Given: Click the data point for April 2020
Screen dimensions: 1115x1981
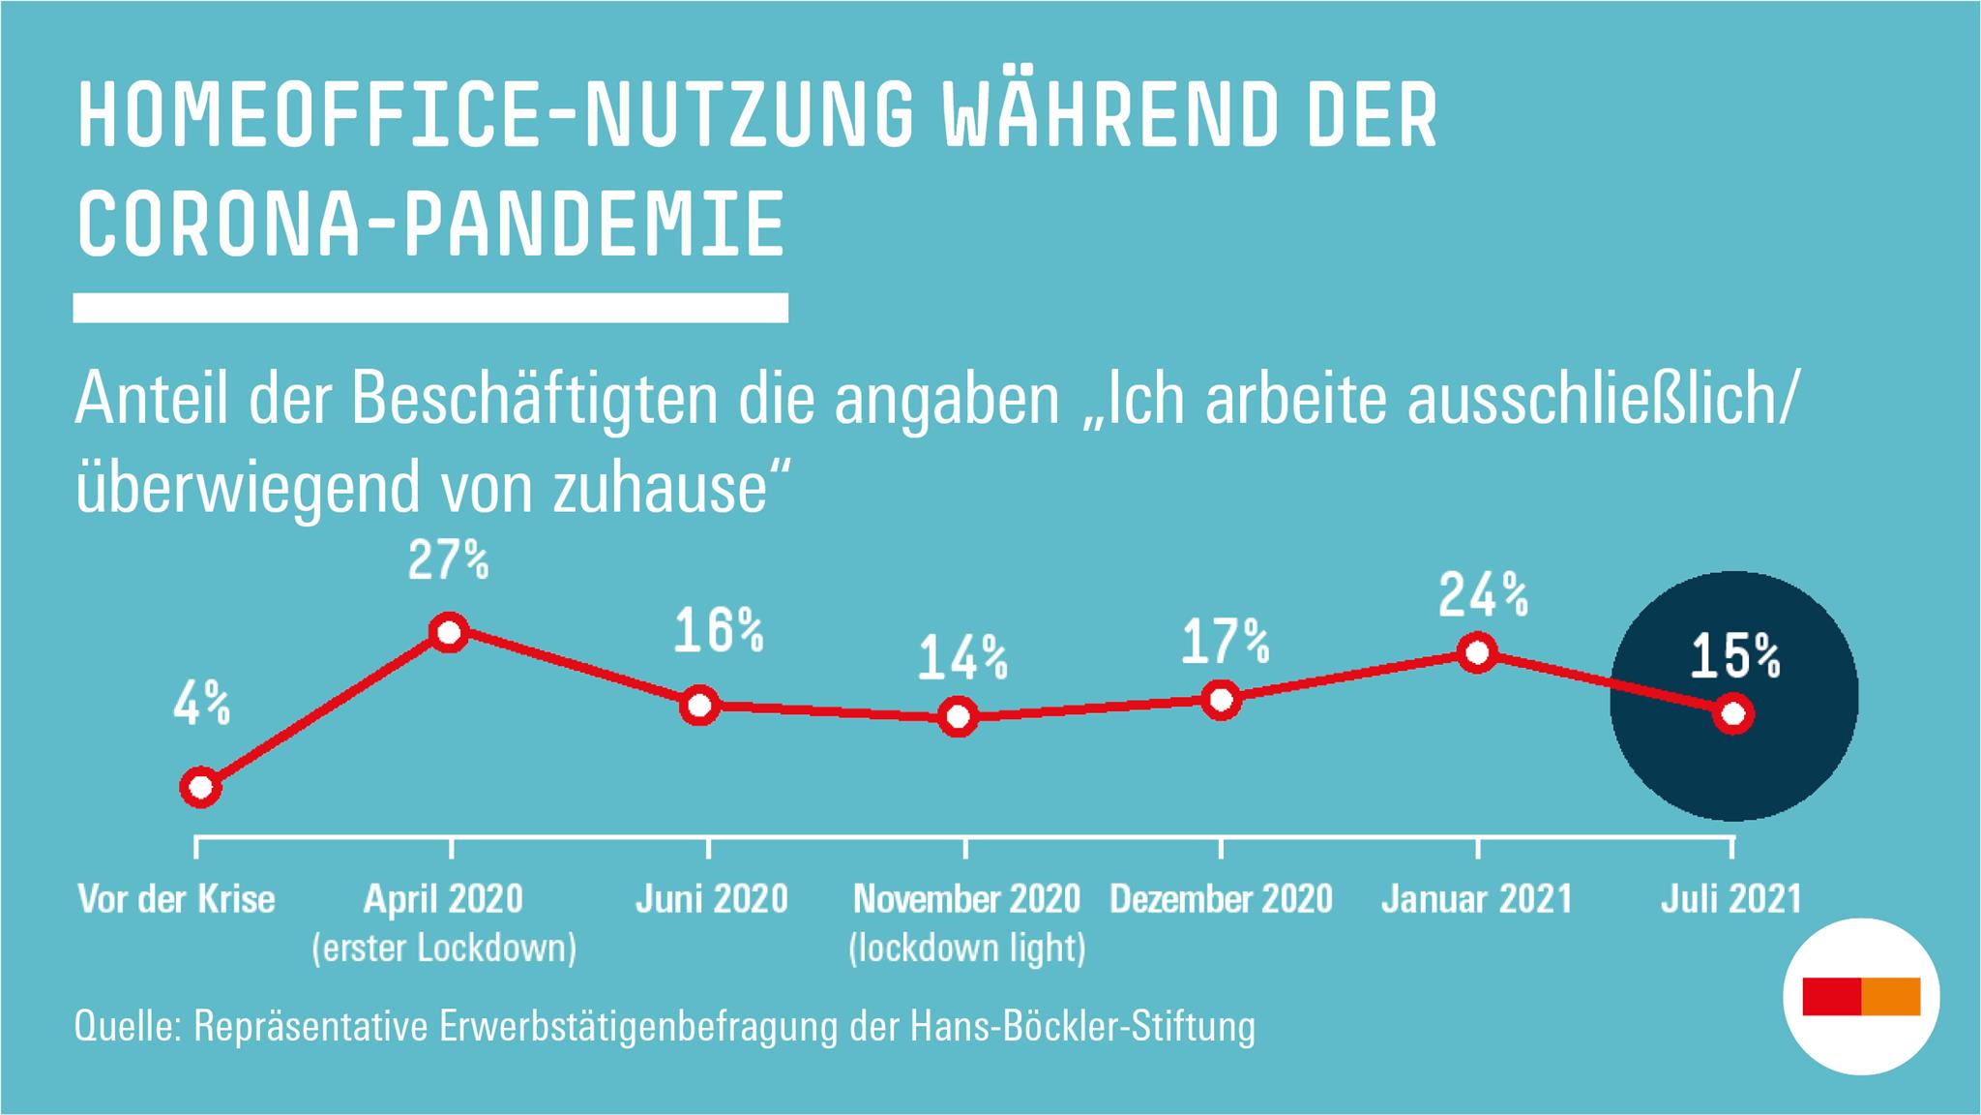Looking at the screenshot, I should pyautogui.click(x=449, y=633).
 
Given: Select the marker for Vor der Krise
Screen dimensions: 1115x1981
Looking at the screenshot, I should pyautogui.click(x=200, y=787).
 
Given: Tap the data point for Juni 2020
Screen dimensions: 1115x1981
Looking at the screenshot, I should pyautogui.click(x=699, y=706).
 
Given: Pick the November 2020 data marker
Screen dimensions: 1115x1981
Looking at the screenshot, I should pyautogui.click(x=958, y=717).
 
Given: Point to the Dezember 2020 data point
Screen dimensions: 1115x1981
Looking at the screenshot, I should pyautogui.click(x=1222, y=699).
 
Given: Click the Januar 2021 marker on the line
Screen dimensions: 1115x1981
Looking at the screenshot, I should pyautogui.click(x=1477, y=653).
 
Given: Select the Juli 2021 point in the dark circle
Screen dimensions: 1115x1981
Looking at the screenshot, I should pyautogui.click(x=1733, y=714).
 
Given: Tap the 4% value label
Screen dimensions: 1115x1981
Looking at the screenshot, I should pyautogui.click(x=202, y=704).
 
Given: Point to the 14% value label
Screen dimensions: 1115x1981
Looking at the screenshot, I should pyautogui.click(x=962, y=658).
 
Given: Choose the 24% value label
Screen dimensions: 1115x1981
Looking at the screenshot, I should pyautogui.click(x=1483, y=595).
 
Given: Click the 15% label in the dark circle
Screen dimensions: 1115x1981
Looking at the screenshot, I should pyautogui.click(x=1734, y=657).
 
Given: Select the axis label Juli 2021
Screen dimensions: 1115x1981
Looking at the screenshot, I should pyautogui.click(x=1731, y=899).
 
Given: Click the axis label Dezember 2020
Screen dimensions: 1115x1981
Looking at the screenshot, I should pyautogui.click(x=1221, y=899).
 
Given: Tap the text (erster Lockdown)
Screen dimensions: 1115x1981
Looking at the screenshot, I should pyautogui.click(x=444, y=948).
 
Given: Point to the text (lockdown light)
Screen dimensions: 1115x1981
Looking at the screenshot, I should pyautogui.click(x=966, y=948).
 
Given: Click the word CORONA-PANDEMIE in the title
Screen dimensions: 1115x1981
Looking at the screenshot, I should pyautogui.click(x=430, y=226).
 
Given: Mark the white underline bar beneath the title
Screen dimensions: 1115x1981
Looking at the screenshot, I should pyautogui.click(x=430, y=307).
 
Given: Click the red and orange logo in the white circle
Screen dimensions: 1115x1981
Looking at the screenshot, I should pyautogui.click(x=1861, y=996).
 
